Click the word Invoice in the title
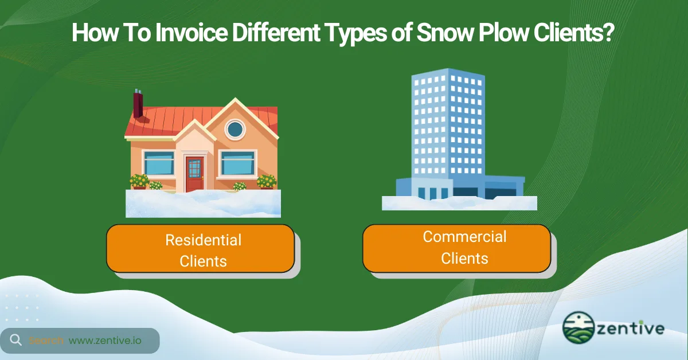point(189,34)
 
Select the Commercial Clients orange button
point(456,248)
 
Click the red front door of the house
point(194,169)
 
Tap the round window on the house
point(234,130)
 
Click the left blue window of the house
point(159,163)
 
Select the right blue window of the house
point(238,163)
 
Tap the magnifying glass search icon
point(15,340)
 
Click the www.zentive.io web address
point(105,341)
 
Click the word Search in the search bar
point(46,341)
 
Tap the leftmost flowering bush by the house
point(139,181)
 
